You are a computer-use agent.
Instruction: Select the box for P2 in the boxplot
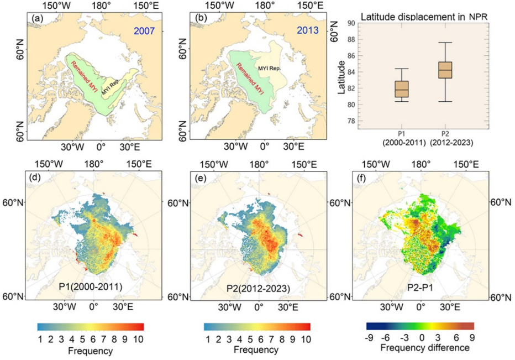click(x=445, y=70)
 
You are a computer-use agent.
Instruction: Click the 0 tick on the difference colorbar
click(x=422, y=337)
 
